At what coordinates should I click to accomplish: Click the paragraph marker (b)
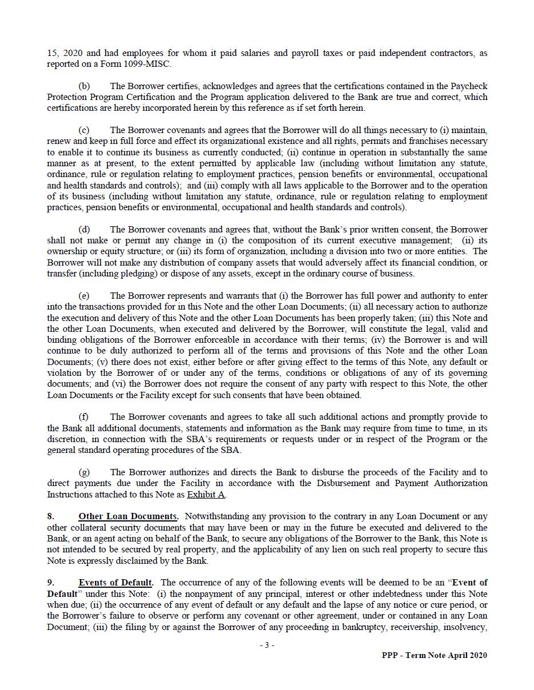click(84, 86)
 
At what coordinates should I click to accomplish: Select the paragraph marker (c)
click(84, 130)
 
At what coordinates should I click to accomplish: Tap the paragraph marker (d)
click(84, 230)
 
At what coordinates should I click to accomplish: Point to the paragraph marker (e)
click(84, 296)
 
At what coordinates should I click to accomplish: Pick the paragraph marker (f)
click(84, 417)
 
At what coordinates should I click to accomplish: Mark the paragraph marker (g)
click(84, 472)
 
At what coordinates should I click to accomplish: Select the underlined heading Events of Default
click(115, 583)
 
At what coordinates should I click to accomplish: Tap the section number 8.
click(51, 516)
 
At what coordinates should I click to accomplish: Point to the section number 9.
click(51, 583)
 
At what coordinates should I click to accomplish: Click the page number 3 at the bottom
click(266, 645)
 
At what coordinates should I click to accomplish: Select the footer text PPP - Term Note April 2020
click(435, 656)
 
